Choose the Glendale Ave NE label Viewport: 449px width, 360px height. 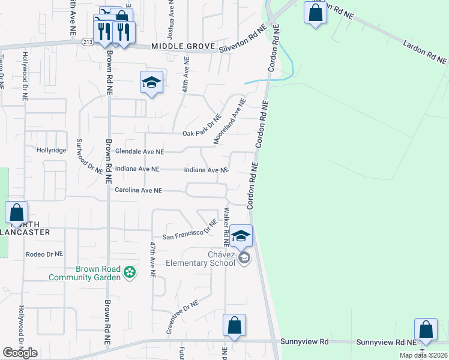coord(139,152)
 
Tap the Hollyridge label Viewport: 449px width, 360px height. coord(51,150)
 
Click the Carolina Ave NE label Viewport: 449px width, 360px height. coord(138,190)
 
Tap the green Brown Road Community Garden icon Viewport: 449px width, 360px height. coord(129,273)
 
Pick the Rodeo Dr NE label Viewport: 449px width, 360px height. coord(44,254)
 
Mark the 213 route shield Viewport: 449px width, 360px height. coord(88,41)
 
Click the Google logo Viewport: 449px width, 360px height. coord(20,352)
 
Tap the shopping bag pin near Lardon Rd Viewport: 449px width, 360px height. coord(315,13)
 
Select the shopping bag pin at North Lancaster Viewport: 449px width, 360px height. coord(16,213)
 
